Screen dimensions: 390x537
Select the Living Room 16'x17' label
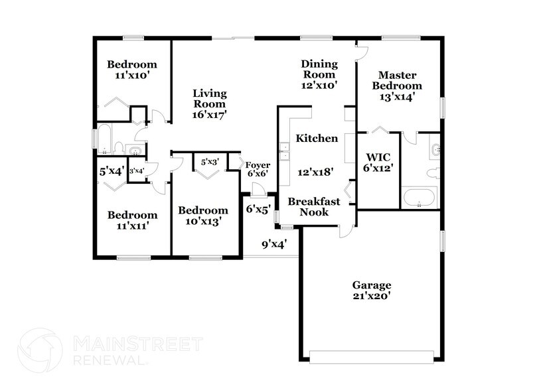pos(209,104)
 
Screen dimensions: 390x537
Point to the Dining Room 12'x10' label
pos(319,74)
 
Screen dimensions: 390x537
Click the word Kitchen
pos(317,139)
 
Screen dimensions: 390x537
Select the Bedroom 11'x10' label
pos(132,70)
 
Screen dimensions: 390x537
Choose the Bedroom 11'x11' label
pos(132,220)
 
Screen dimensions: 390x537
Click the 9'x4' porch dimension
pos(274,244)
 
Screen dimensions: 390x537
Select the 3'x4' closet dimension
pos(137,171)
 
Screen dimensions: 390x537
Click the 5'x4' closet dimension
pos(111,171)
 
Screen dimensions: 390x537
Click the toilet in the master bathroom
pos(433,173)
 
